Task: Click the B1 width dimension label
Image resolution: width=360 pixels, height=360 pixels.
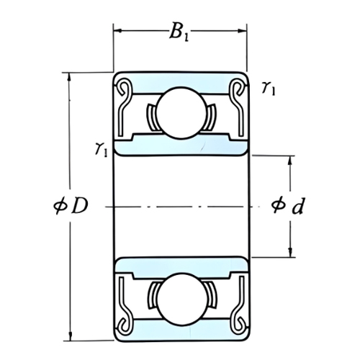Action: tap(179, 32)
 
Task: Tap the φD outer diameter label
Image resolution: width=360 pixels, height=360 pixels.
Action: tap(72, 206)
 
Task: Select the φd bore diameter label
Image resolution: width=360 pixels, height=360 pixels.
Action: tap(287, 206)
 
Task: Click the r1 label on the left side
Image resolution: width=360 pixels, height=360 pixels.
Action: tap(101, 150)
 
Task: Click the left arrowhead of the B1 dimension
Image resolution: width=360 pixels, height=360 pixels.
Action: tap(117, 30)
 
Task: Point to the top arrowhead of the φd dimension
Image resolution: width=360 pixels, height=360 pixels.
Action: tap(291, 159)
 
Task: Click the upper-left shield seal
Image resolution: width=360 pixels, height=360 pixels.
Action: tap(127, 108)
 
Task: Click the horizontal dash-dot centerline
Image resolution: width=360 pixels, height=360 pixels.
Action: tap(180, 206)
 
